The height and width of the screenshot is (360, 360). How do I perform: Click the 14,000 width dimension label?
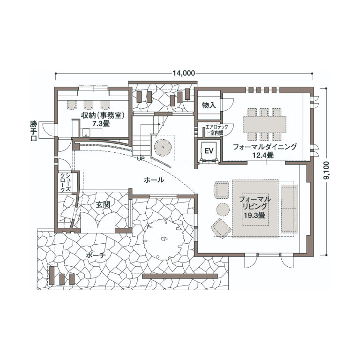[184, 73]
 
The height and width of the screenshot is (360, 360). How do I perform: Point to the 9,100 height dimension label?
[326, 170]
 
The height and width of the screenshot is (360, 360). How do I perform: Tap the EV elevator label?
[209, 151]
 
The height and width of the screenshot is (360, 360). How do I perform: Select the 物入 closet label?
[209, 105]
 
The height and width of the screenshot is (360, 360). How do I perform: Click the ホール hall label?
[154, 180]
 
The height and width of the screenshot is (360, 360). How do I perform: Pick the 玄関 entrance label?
[103, 204]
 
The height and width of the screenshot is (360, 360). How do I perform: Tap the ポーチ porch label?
[96, 255]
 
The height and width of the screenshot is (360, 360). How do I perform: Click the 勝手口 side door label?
[34, 131]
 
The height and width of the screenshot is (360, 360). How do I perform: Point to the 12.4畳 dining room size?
[263, 155]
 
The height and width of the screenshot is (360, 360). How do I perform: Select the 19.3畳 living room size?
[255, 215]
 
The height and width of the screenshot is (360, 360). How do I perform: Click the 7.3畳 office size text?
[101, 124]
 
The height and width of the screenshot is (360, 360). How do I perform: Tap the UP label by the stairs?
[141, 158]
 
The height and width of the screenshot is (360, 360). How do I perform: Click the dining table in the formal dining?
[265, 124]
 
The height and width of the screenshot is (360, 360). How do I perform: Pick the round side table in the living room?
[223, 209]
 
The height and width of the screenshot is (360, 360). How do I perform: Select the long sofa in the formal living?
[289, 209]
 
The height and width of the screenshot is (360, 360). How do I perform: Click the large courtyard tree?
[164, 239]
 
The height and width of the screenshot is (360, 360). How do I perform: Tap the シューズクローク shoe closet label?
[65, 183]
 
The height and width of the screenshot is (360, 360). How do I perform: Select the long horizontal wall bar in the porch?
[180, 276]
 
